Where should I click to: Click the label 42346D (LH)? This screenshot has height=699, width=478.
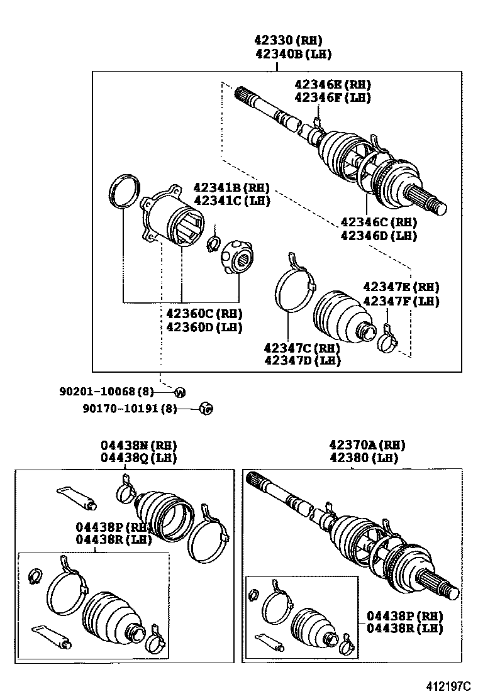click(379, 235)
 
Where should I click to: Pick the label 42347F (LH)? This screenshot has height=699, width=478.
click(401, 301)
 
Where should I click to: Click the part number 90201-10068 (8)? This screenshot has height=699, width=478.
click(106, 392)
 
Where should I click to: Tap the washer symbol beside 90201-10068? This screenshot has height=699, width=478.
click(179, 393)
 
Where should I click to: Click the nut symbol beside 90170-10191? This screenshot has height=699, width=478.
click(204, 409)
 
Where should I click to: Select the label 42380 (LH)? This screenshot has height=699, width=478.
click(367, 458)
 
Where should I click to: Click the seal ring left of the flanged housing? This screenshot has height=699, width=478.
click(124, 190)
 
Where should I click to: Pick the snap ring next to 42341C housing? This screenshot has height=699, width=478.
click(212, 242)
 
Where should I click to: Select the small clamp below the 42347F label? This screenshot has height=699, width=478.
click(388, 341)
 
